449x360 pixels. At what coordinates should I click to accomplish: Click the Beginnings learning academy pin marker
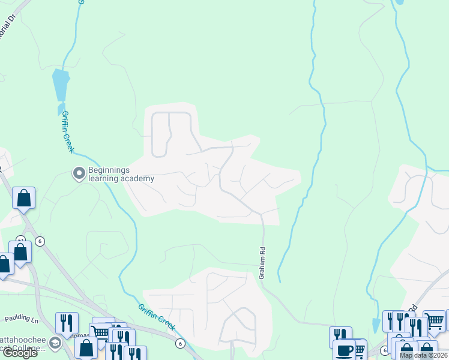[x=79, y=174]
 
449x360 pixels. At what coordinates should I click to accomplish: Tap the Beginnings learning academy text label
[x=121, y=174]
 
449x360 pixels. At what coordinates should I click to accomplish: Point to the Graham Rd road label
[x=262, y=263]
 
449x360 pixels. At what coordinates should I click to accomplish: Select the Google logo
[x=20, y=353]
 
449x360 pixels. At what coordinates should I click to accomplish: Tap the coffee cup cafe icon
[x=345, y=350]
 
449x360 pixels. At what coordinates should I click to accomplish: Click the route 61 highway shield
[x=22, y=239]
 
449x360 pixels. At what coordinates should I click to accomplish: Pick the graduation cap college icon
[x=55, y=344]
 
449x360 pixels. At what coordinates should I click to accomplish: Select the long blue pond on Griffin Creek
[x=60, y=85]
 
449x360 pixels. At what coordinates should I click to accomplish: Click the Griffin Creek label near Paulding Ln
[x=156, y=316]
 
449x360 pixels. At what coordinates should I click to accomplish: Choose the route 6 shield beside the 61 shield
[x=40, y=241]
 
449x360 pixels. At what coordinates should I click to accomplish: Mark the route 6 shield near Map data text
[x=384, y=350]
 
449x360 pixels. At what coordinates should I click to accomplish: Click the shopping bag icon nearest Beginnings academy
[x=23, y=198]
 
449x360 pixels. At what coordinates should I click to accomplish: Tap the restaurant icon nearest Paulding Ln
[x=67, y=323]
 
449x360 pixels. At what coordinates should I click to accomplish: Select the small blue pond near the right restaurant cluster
[x=376, y=325]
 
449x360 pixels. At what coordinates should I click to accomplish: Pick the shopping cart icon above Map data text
[x=434, y=320]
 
